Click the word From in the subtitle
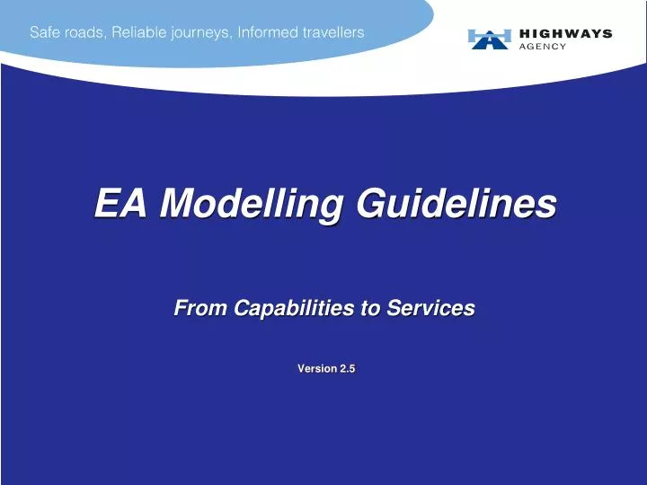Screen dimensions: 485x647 (x=200, y=308)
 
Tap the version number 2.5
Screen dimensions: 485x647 (x=347, y=369)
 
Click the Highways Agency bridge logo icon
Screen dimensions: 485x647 (x=489, y=39)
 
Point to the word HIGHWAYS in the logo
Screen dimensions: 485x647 (x=566, y=33)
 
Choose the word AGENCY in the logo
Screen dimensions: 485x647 (x=544, y=47)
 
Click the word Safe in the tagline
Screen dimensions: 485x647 (x=46, y=32)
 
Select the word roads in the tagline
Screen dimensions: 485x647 (x=85, y=32)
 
